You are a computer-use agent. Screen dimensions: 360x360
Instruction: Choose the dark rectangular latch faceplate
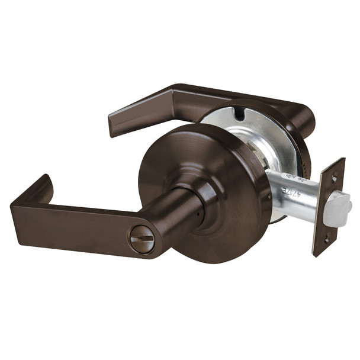[x=329, y=207]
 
